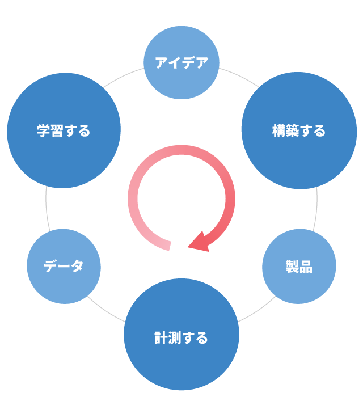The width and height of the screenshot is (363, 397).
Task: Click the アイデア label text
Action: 181,63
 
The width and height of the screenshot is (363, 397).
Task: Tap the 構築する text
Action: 299,131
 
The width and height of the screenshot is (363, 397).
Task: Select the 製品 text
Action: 299,267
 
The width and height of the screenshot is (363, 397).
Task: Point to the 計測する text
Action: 181,339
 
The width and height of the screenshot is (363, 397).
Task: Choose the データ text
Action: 64,266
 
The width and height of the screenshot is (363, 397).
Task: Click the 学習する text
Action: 64,131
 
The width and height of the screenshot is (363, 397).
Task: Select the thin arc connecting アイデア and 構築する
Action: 238,75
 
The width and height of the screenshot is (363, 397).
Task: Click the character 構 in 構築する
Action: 278,131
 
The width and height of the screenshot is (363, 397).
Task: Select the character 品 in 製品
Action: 306,267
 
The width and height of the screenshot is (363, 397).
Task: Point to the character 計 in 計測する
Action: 161,339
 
